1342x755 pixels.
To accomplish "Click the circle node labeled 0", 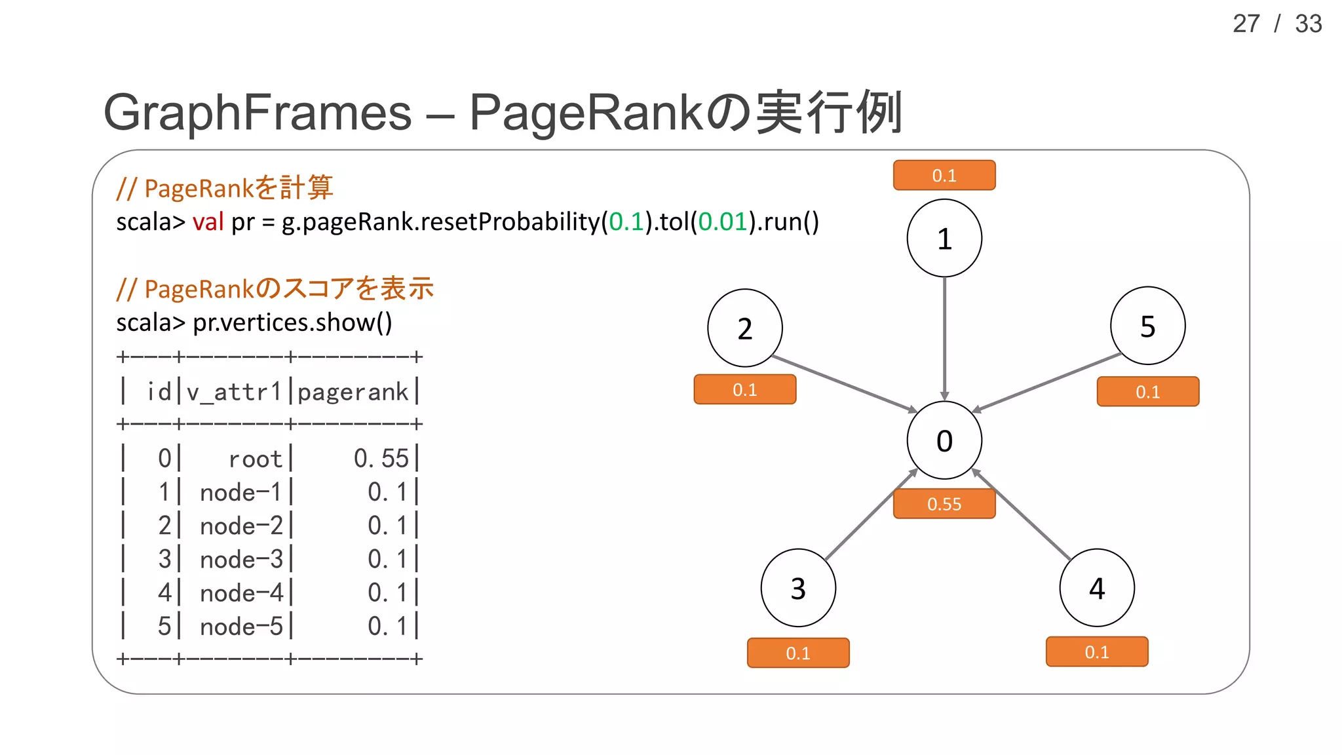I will (x=944, y=440).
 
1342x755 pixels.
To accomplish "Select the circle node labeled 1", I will (x=944, y=239).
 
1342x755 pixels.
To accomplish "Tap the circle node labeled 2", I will (x=745, y=328).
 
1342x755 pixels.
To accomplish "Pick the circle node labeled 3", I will (x=798, y=588).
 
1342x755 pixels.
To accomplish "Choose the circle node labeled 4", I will (x=1097, y=588).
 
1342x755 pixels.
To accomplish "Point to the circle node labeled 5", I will (x=1147, y=326).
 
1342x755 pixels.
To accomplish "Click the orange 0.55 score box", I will (x=944, y=504).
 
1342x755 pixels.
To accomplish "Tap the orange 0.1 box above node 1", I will (x=944, y=176).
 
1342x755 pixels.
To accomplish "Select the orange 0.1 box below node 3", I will (x=798, y=653).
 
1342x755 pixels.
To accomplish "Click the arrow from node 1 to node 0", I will (x=944, y=338).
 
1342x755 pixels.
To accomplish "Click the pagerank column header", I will (x=353, y=392).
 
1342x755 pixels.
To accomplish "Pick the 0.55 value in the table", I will (x=381, y=459).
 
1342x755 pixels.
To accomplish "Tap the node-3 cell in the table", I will (x=241, y=560).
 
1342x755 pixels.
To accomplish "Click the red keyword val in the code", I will (x=208, y=222).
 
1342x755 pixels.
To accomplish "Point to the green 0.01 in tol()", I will (x=723, y=222).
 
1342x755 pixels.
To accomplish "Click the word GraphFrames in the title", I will (x=258, y=113).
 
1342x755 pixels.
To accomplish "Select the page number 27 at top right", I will (x=1246, y=24).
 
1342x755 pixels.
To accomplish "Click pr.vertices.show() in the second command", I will (x=292, y=322).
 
